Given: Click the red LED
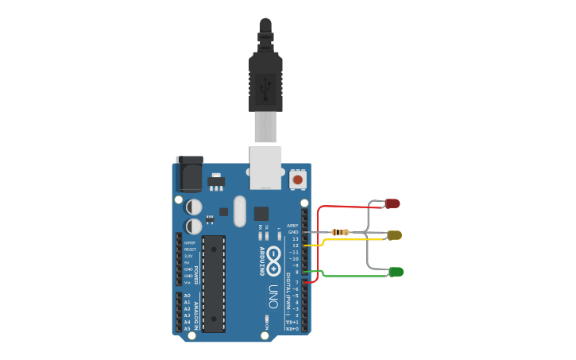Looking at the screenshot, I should pyautogui.click(x=392, y=203).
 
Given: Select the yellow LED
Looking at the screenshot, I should pyautogui.click(x=394, y=235).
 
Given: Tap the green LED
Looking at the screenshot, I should pyautogui.click(x=396, y=272).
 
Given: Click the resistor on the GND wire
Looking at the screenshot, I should pyautogui.click(x=341, y=232).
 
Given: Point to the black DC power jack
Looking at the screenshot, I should pyautogui.click(x=189, y=174).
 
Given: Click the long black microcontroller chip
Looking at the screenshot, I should pyautogui.click(x=214, y=283).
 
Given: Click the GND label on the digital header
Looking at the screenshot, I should pyautogui.click(x=293, y=232).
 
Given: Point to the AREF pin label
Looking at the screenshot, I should pyautogui.click(x=292, y=226).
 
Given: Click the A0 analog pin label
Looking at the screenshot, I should pyautogui.click(x=187, y=296).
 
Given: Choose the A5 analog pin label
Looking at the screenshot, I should pyautogui.click(x=187, y=328).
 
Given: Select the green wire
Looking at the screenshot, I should pyautogui.click(x=350, y=277).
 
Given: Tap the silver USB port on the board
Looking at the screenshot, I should pyautogui.click(x=265, y=166).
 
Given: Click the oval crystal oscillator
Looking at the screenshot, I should pyautogui.click(x=241, y=211).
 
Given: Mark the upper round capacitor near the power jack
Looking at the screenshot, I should pyautogui.click(x=193, y=207).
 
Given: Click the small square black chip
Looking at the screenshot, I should pyautogui.click(x=261, y=213).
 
